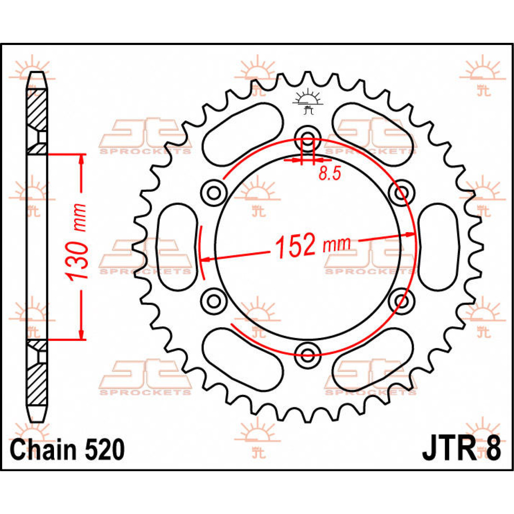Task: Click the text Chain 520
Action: pos(67,450)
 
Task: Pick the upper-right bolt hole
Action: pos(401,192)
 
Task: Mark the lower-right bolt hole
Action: pos(401,300)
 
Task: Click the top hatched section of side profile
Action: pos(37,109)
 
